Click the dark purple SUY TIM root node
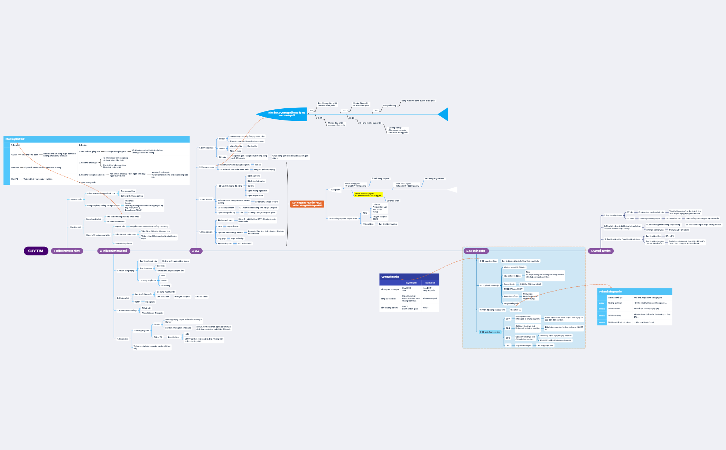click(x=36, y=251)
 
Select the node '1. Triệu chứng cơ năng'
click(x=67, y=251)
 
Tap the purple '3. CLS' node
click(x=196, y=251)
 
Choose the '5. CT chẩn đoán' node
click(x=476, y=251)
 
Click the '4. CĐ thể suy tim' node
click(x=601, y=251)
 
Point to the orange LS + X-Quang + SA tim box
click(x=307, y=204)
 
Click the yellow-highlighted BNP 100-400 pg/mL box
click(x=368, y=195)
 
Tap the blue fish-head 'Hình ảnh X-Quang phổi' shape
click(x=283, y=114)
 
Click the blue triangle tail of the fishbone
click(x=444, y=114)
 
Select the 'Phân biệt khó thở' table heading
click(x=15, y=139)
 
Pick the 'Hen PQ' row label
click(x=15, y=179)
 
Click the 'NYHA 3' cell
click(x=602, y=316)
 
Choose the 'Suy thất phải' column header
click(x=411, y=283)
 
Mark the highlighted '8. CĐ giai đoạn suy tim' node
click(x=490, y=332)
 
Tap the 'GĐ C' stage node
click(x=508, y=338)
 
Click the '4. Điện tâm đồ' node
click(x=206, y=232)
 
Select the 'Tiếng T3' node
click(x=158, y=337)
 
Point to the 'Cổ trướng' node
click(x=166, y=286)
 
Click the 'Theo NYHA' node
click(x=515, y=310)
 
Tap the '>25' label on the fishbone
click(x=376, y=111)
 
